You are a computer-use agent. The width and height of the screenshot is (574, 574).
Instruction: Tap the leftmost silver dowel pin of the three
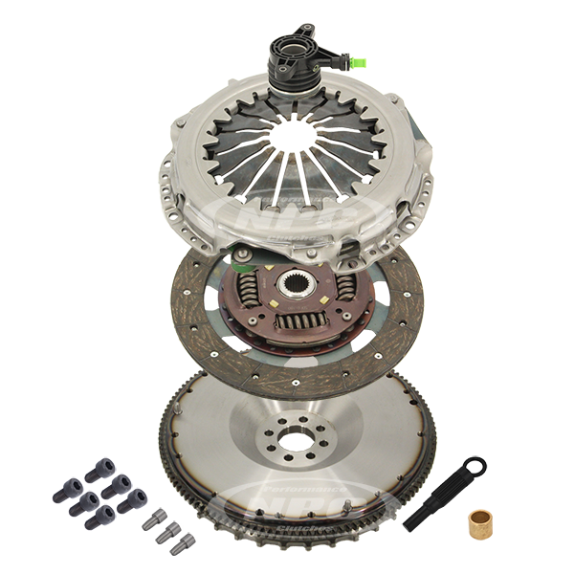coord(150,520)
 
